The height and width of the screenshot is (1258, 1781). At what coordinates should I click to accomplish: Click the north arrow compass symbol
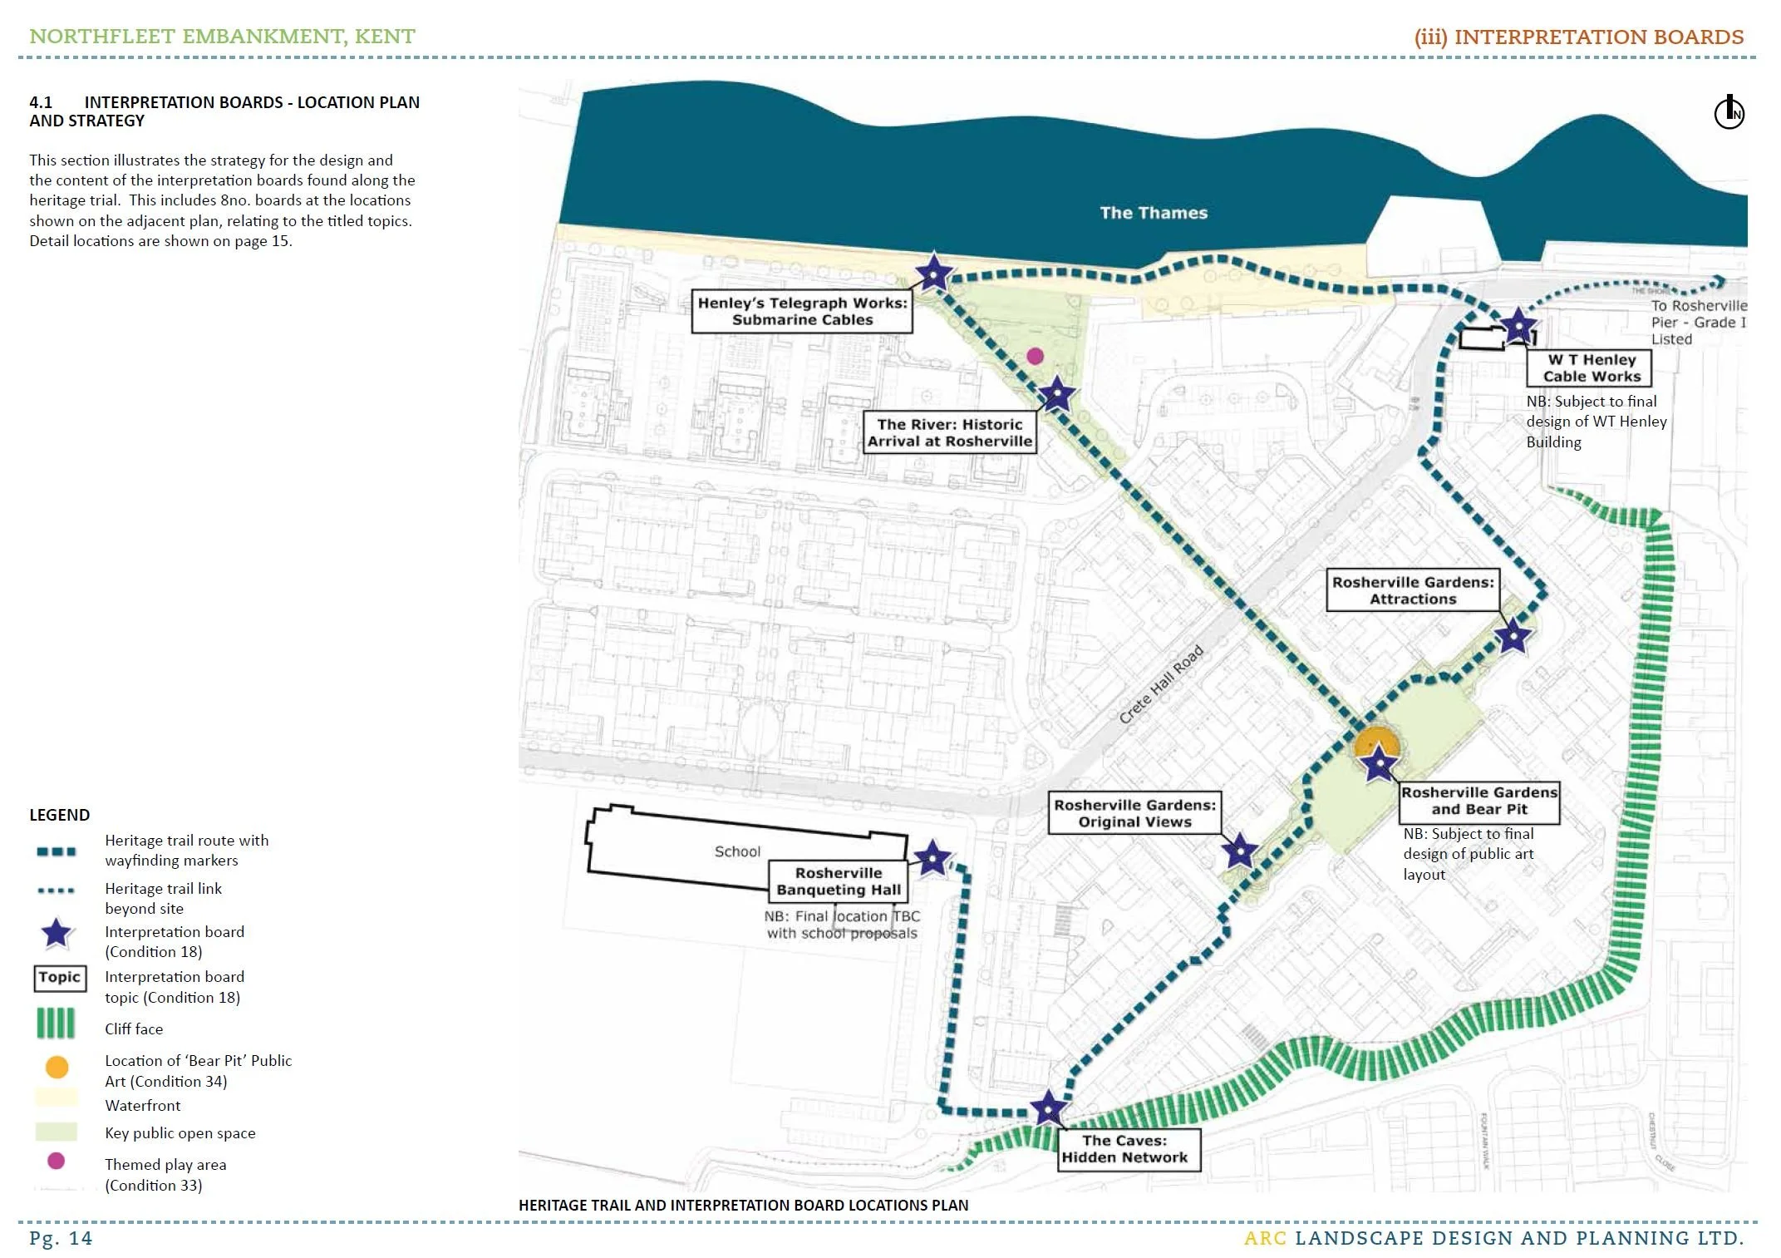click(x=1729, y=112)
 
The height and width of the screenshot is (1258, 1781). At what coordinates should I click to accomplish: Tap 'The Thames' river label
click(x=1153, y=213)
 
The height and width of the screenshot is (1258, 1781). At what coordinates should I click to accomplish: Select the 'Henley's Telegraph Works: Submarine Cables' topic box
click(x=802, y=311)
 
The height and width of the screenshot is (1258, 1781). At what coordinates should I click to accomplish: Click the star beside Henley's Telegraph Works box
click(x=933, y=273)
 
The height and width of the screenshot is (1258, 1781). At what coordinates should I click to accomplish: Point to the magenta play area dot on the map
click(x=1035, y=356)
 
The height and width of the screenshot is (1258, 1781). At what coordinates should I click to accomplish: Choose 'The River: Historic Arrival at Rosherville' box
click(x=950, y=432)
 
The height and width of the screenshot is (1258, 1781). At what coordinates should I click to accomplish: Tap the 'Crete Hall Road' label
click(x=1160, y=684)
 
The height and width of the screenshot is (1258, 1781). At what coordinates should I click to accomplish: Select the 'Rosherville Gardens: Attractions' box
click(x=1413, y=590)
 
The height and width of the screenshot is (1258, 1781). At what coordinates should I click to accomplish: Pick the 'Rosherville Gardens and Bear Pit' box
click(x=1479, y=801)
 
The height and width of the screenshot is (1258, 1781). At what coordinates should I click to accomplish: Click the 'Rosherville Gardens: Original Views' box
click(x=1134, y=813)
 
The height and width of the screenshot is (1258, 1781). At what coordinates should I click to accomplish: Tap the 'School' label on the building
click(x=737, y=851)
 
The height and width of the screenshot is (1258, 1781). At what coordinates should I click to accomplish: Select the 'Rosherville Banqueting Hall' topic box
click(x=839, y=881)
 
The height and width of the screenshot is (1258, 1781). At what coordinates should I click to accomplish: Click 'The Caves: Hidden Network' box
click(x=1124, y=1149)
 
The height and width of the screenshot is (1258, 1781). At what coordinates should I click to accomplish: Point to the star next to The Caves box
click(x=1048, y=1108)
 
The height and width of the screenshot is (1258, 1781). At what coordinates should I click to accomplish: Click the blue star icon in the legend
click(x=57, y=934)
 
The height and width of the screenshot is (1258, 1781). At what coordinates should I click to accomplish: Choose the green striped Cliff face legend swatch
click(x=56, y=1024)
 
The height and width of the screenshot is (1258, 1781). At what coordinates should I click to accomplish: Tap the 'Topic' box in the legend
click(x=60, y=978)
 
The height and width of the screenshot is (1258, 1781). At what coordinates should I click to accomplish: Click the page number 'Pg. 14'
click(x=61, y=1238)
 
